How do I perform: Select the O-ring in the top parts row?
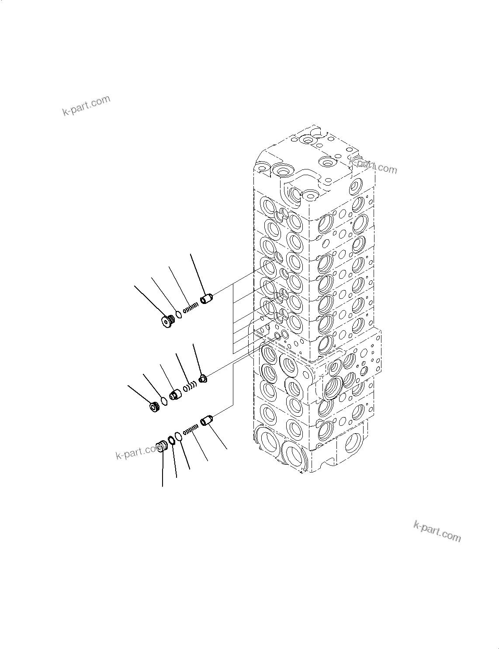(179, 314)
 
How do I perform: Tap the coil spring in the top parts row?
(191, 308)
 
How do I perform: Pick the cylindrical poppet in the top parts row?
(206, 300)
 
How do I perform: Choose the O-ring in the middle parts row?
(164, 400)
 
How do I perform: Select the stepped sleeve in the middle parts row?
(176, 394)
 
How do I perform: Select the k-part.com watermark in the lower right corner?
(437, 531)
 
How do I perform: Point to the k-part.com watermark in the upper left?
(86, 106)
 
